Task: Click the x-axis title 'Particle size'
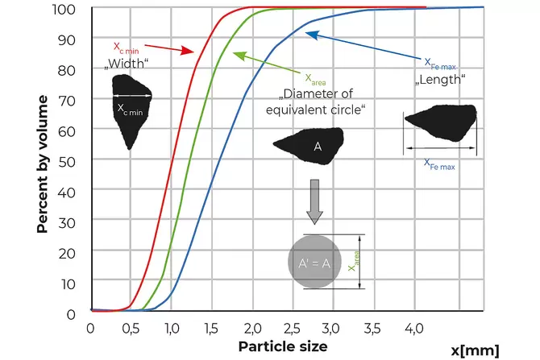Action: tap(282, 346)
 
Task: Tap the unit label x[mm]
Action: tap(476, 350)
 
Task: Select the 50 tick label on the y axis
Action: tap(70, 161)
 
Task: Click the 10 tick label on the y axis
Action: tap(70, 283)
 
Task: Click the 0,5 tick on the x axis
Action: tap(130, 328)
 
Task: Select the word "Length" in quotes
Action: tap(440, 81)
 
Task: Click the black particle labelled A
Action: tap(310, 145)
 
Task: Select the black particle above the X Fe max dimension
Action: tap(440, 122)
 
